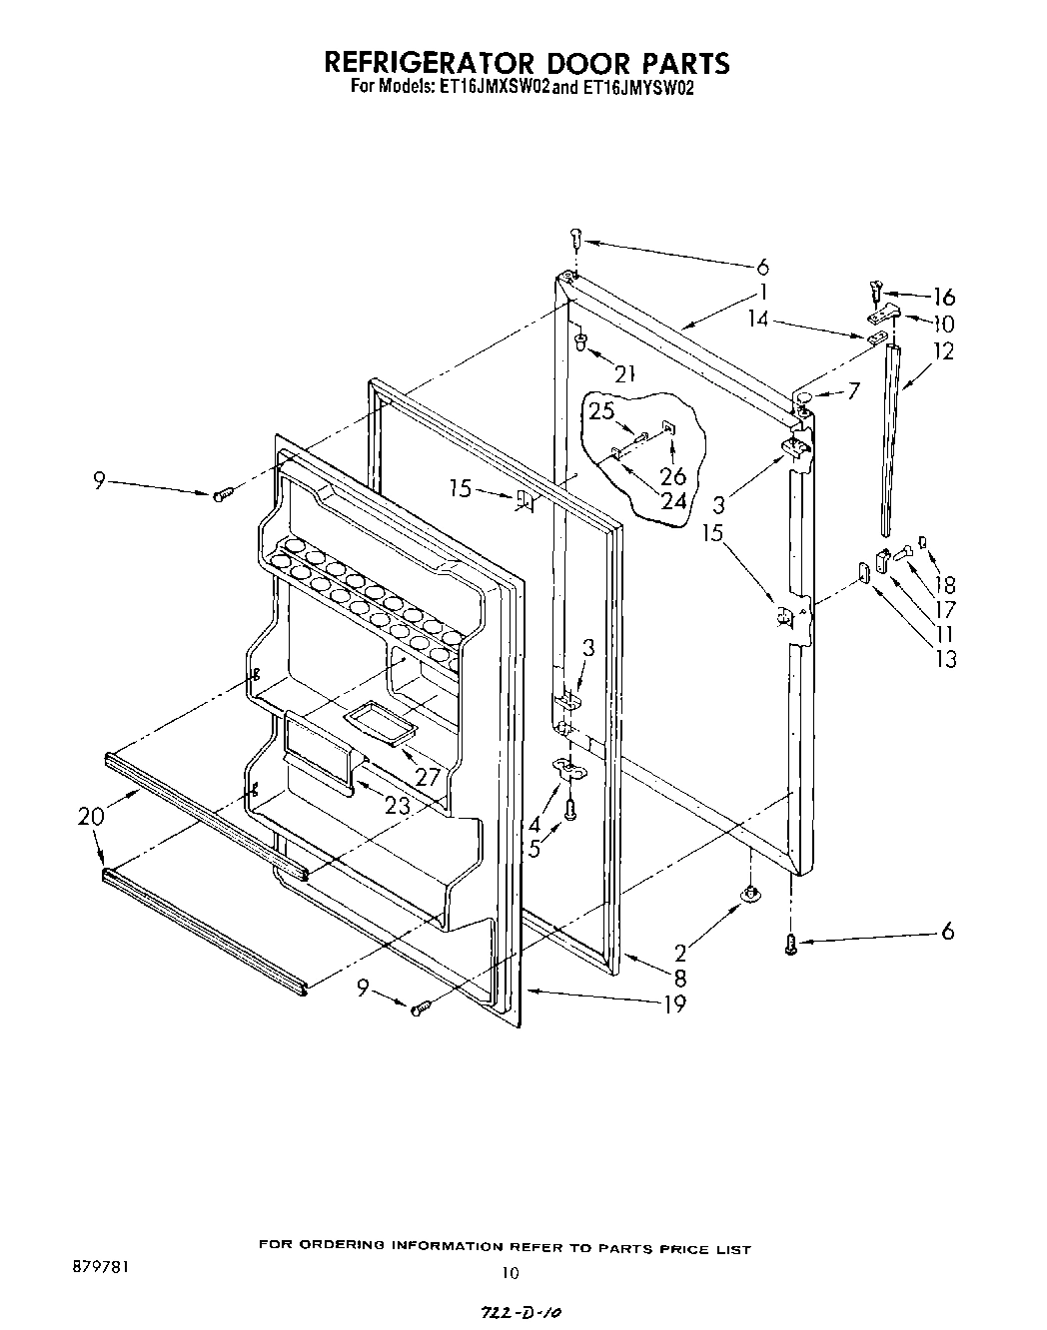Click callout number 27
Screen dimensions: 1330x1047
[429, 748]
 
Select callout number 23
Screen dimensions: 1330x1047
[398, 780]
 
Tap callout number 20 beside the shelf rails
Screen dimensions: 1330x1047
[90, 816]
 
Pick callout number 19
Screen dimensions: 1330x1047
[674, 1003]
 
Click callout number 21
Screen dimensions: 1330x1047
[625, 374]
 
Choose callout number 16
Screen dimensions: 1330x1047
[943, 297]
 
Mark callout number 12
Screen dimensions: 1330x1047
[943, 350]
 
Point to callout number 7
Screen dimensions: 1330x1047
[853, 390]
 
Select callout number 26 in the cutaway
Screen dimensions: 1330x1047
[673, 476]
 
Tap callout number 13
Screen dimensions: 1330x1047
[945, 658]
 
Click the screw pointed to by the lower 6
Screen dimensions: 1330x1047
[790, 942]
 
